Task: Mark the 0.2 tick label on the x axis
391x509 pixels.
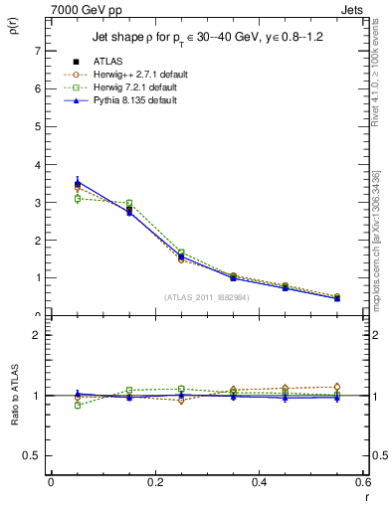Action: click(154, 482)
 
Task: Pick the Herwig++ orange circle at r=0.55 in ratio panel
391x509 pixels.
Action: click(336, 387)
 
